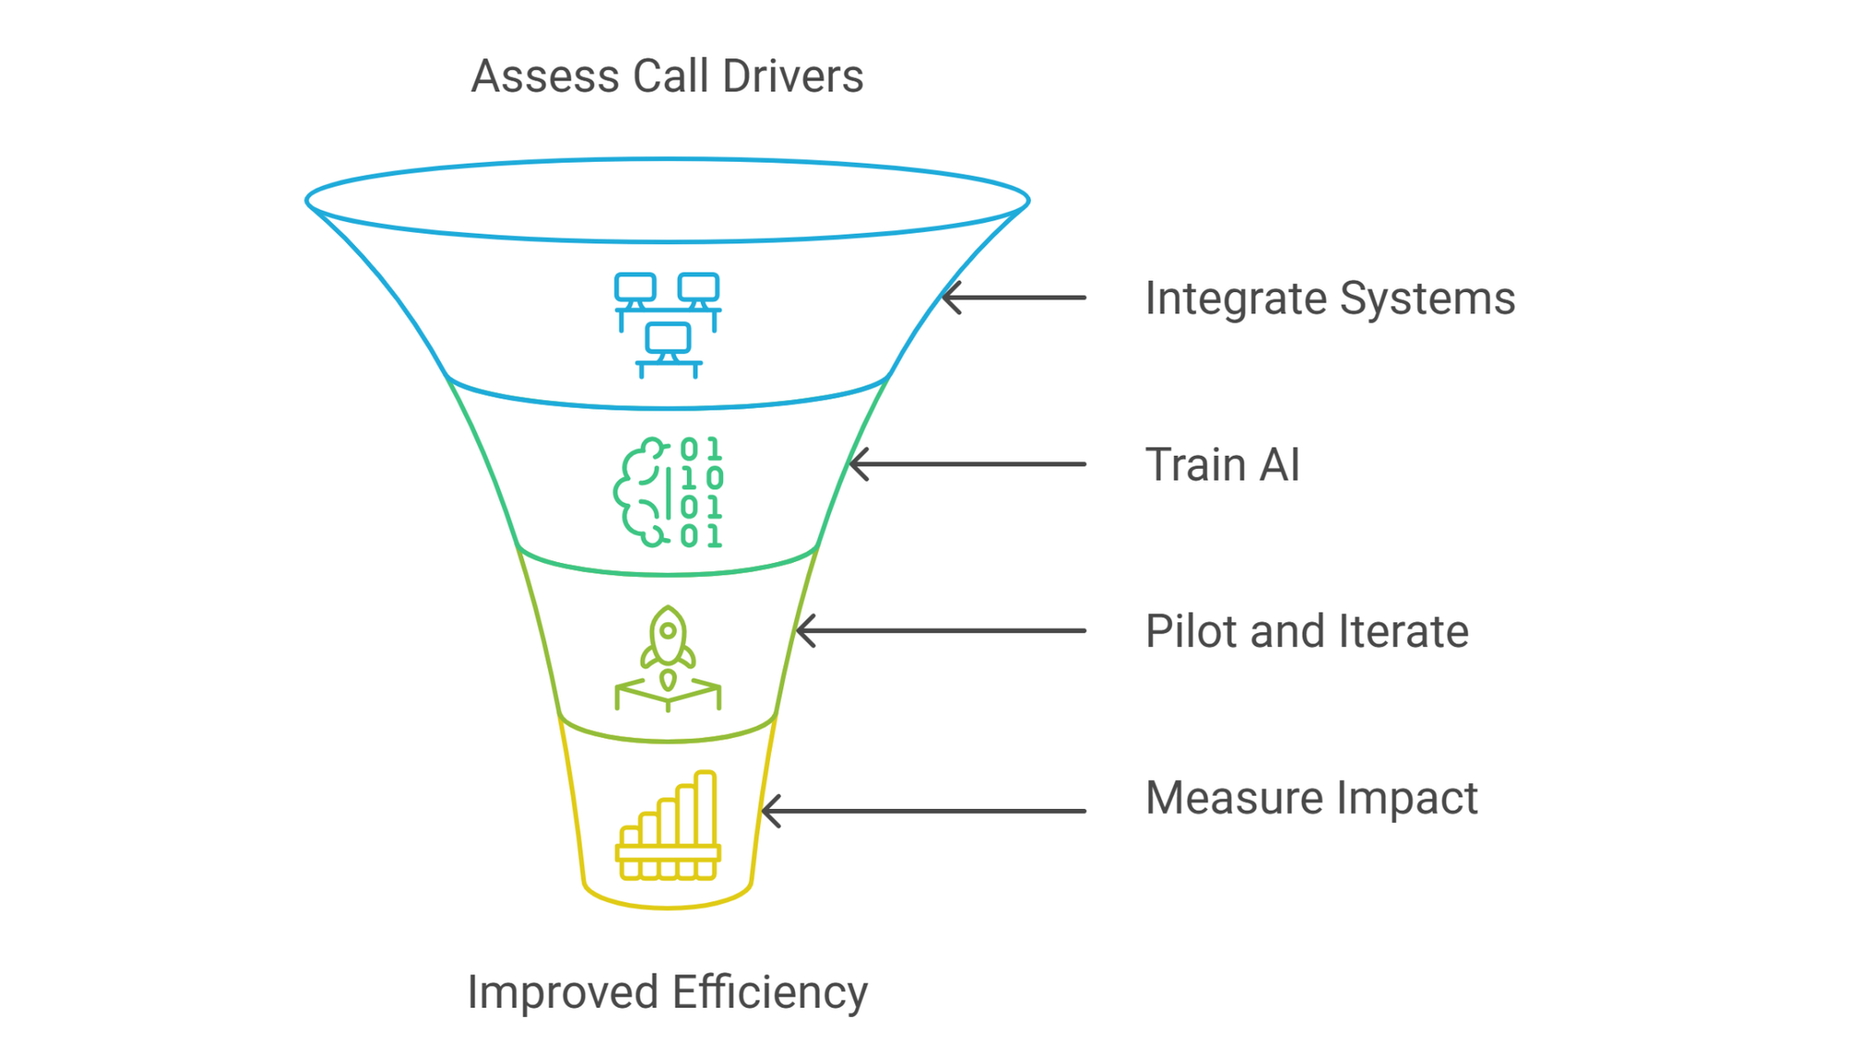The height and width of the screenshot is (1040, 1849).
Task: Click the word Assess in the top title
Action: tap(545, 76)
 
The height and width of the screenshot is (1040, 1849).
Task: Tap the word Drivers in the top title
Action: tap(793, 76)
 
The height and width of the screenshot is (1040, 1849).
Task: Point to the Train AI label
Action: tap(1222, 464)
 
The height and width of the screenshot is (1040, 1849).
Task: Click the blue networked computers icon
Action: tap(668, 325)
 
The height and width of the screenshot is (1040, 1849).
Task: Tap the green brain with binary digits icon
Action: tap(668, 492)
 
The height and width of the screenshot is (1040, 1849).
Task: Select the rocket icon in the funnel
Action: tap(668, 658)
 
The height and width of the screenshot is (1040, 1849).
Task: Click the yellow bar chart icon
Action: tap(668, 826)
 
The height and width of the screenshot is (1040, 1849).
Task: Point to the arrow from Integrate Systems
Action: tap(1013, 298)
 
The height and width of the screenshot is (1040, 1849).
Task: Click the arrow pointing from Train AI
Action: tap(967, 464)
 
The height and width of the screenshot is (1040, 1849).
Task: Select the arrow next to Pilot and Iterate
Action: tap(940, 630)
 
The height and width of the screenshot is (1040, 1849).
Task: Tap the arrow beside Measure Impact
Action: tap(924, 811)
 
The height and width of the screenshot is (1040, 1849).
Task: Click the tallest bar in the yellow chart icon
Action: tap(706, 808)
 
